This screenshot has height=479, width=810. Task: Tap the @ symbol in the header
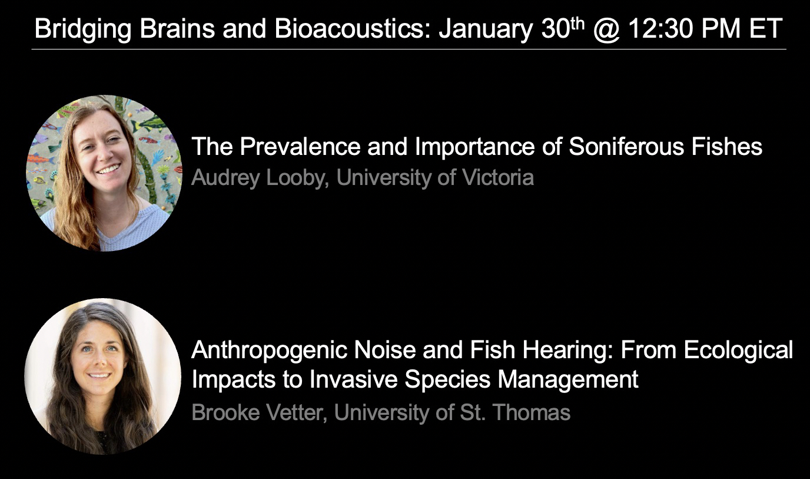606,29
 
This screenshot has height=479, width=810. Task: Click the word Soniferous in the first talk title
626,146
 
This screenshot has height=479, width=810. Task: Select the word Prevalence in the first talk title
300,146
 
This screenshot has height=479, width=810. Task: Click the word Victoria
498,177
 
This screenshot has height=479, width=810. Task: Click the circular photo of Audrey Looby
104,173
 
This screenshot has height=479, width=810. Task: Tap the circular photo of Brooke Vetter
102,376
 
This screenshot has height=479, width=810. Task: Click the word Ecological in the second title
738,351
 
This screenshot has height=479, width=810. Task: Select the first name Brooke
225,412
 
